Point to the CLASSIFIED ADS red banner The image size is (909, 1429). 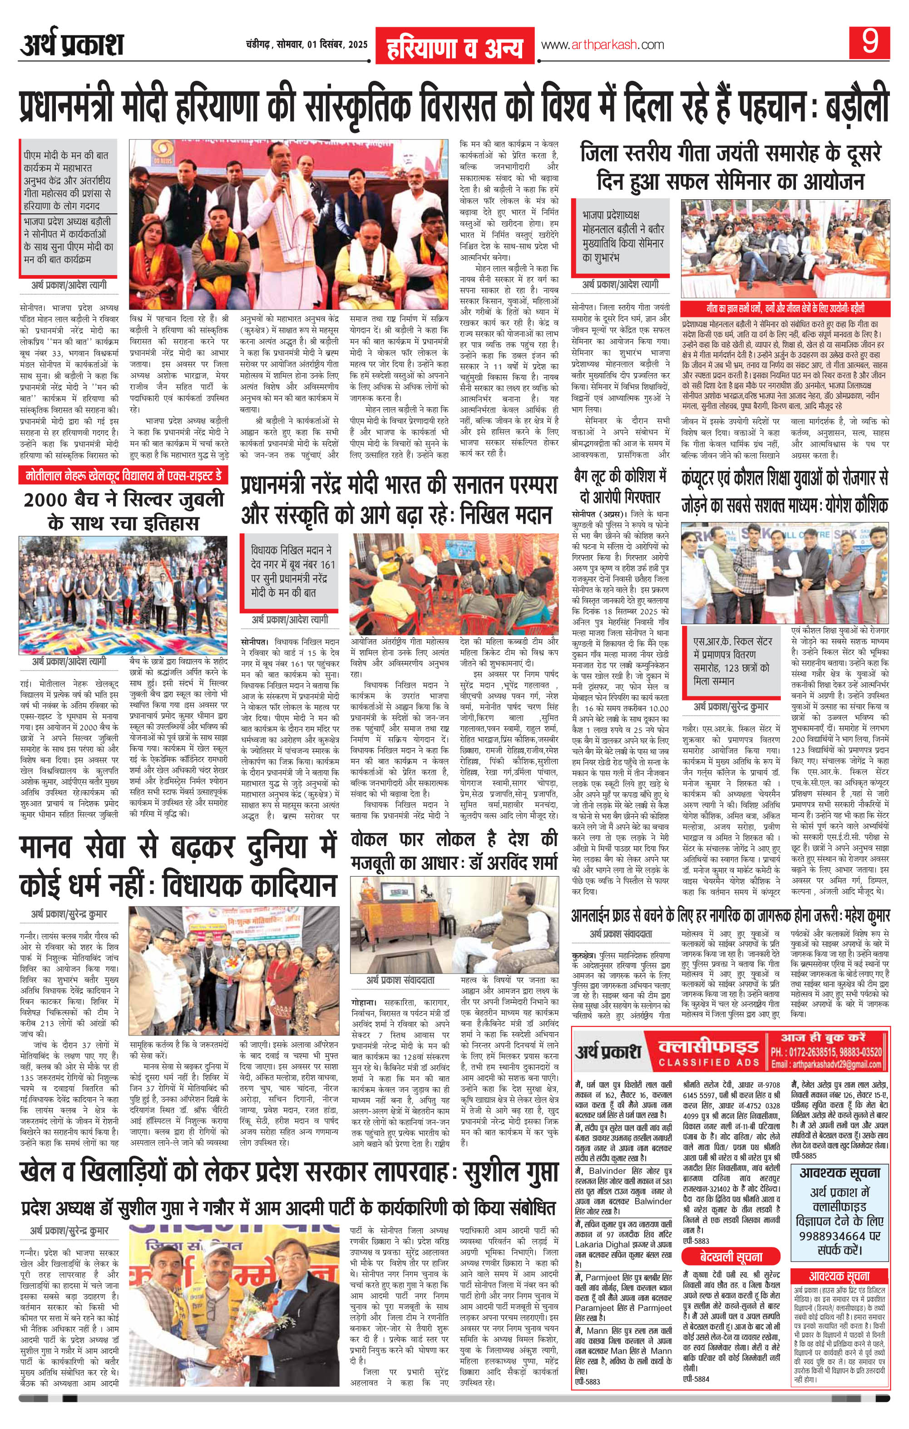706,1052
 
